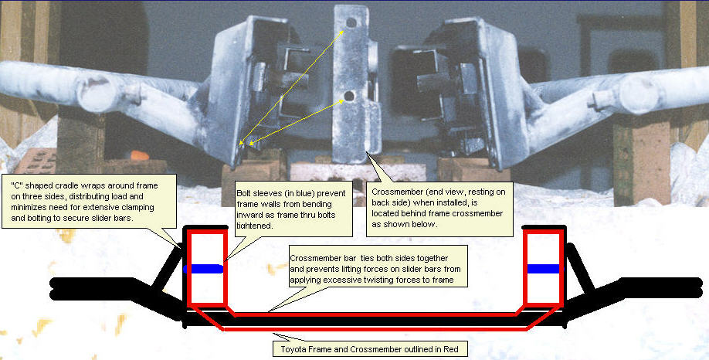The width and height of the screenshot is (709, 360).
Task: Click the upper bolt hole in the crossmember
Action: (351, 22)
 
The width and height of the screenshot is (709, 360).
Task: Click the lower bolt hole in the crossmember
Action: (348, 96)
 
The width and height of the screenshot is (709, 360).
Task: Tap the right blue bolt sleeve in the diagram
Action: (544, 269)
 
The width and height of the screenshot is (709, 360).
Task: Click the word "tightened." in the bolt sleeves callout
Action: (255, 226)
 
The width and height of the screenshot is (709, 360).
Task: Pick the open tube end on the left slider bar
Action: (93, 93)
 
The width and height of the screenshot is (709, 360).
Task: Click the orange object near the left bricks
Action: (138, 155)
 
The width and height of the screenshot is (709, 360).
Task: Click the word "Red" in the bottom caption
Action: (451, 349)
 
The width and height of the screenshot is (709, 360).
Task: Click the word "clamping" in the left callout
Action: (137, 207)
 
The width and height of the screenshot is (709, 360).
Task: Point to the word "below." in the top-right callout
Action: (425, 224)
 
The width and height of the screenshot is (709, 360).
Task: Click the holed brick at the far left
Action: (39, 161)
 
